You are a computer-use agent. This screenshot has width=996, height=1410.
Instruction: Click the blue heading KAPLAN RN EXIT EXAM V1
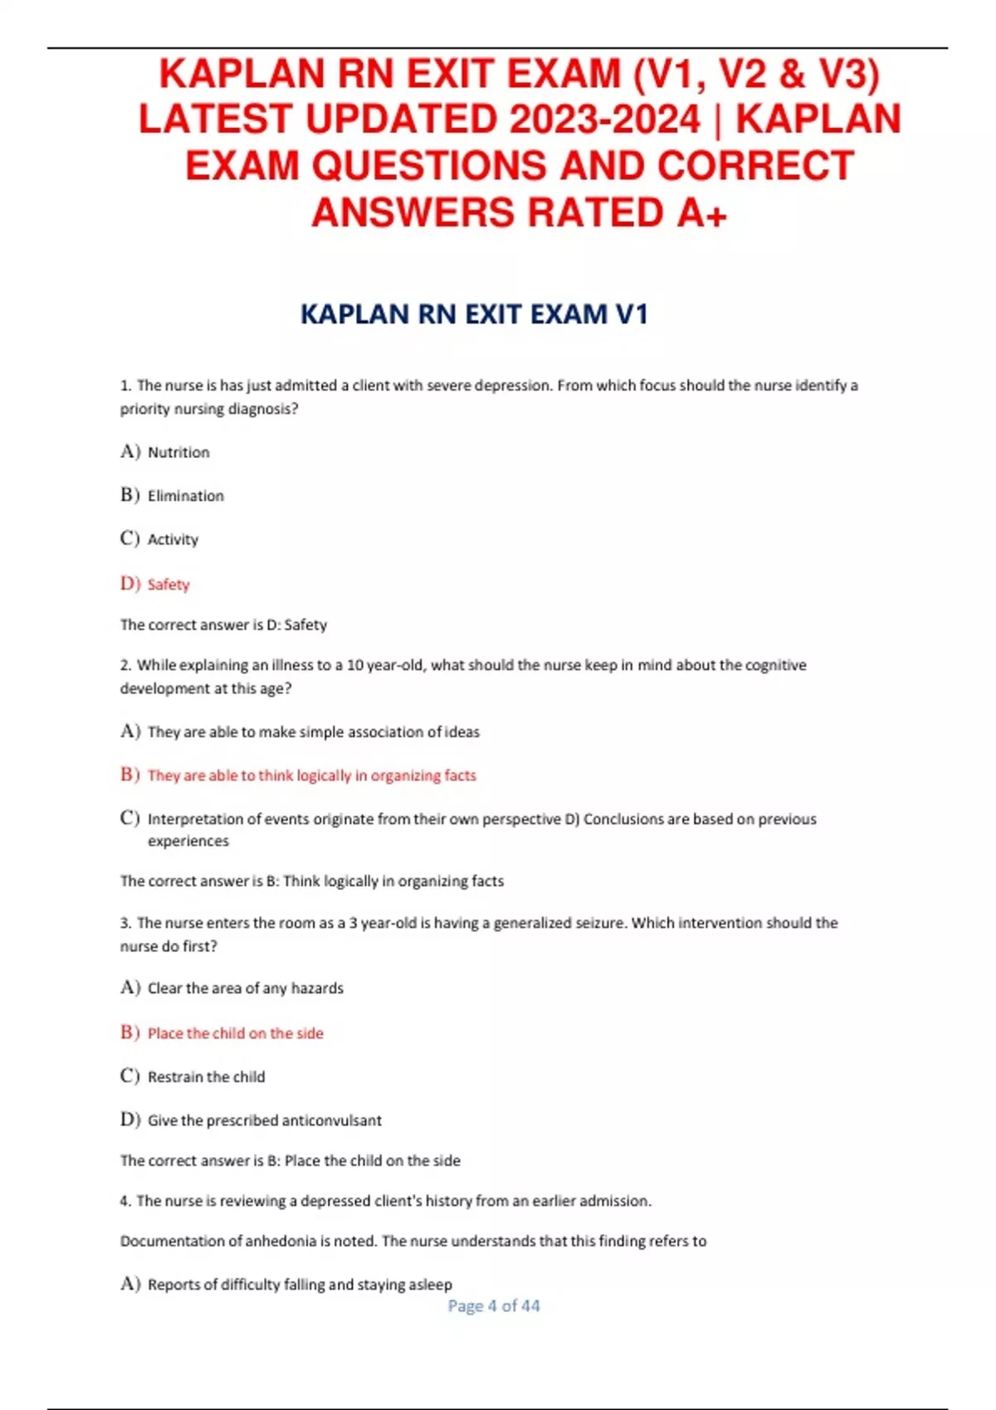pos(474,314)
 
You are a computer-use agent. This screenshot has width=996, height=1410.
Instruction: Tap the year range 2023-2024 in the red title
pos(605,119)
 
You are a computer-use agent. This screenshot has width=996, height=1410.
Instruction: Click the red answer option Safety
pos(168,585)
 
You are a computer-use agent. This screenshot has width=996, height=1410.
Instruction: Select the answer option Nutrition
pos(178,452)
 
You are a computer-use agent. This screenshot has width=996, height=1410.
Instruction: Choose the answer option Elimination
pos(186,496)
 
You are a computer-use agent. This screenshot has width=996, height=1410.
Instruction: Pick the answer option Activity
pos(173,539)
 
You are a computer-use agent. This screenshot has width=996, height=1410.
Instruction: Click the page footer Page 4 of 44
pos(494,1305)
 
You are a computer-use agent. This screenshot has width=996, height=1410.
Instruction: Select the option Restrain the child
pos(206,1077)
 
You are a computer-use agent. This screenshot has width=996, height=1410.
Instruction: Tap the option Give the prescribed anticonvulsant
pos(265,1121)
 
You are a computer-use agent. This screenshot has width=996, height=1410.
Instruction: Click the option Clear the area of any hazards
pos(246,988)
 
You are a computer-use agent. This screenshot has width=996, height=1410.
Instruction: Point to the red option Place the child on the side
pos(236,1033)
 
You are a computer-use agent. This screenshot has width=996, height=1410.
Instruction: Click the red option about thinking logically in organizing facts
pos(312,775)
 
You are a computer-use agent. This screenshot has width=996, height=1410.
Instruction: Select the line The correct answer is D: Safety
pos(223,625)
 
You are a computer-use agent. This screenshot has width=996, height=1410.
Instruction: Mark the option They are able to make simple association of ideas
pos(314,732)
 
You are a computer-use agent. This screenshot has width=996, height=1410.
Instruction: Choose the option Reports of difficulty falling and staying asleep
pos(300,1284)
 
